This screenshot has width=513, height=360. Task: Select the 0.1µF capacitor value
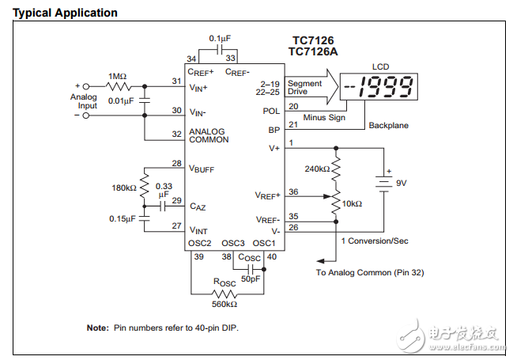219,38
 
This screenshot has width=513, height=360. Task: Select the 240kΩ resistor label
318,169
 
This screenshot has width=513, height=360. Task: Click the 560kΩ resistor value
225,304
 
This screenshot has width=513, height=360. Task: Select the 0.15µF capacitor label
123,218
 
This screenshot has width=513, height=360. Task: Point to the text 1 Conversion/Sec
375,241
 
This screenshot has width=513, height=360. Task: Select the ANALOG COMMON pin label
208,135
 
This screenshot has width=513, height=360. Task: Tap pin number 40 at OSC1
272,256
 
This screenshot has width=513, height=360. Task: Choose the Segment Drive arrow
312,87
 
